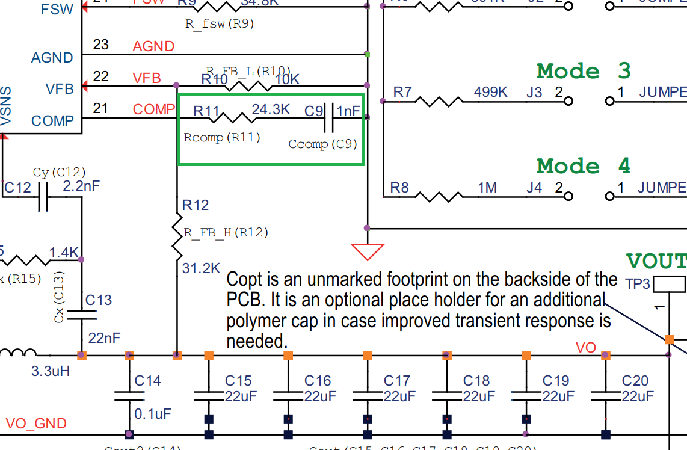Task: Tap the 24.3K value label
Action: tap(271, 109)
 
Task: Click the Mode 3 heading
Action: tap(584, 72)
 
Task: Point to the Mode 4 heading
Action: tap(584, 165)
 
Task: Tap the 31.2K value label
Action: tap(201, 268)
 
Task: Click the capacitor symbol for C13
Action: tap(82, 314)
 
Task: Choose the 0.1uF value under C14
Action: tap(153, 414)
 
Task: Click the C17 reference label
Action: tap(396, 381)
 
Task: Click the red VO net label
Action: tap(585, 348)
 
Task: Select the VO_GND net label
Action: tap(35, 424)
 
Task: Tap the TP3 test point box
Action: tap(669, 283)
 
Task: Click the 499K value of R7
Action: tap(490, 92)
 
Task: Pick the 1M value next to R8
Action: tap(487, 188)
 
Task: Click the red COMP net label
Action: tap(154, 109)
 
